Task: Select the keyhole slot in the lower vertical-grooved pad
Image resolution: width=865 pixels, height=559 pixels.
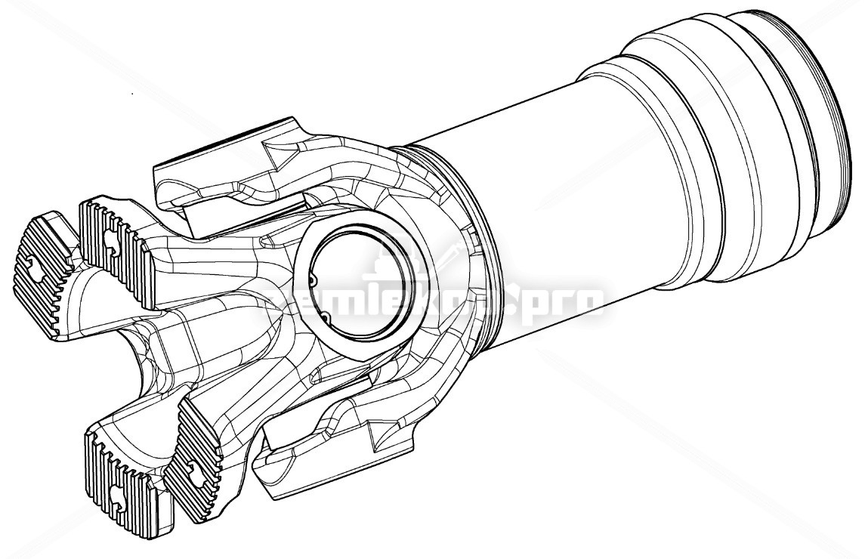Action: click(119, 495)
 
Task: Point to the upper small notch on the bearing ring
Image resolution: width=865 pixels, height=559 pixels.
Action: click(314, 279)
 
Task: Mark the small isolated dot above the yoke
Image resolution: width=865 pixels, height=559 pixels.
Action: click(133, 94)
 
